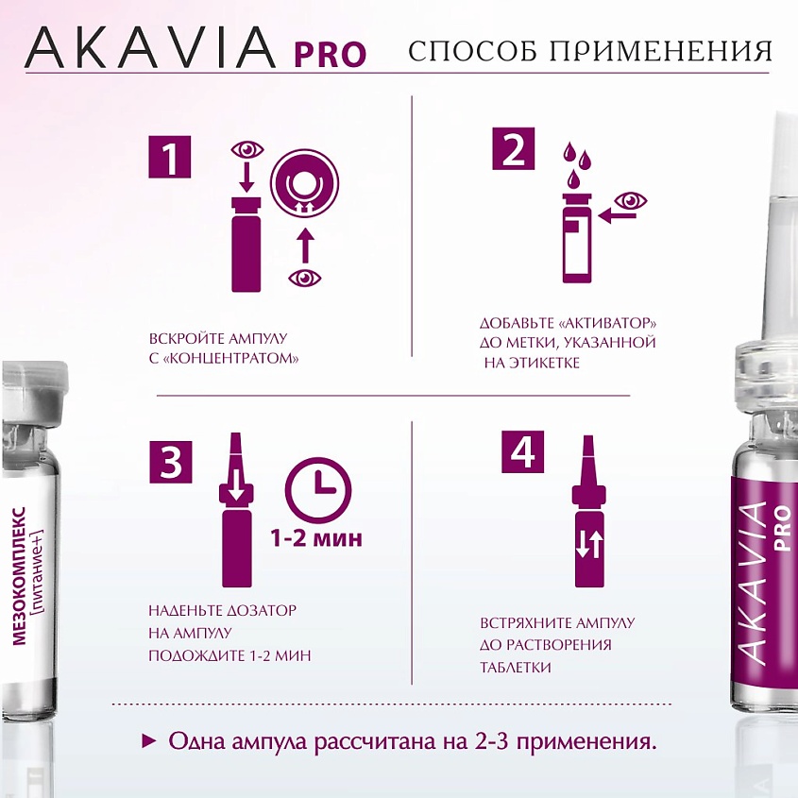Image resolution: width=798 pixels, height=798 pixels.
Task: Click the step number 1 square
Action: click(170, 158)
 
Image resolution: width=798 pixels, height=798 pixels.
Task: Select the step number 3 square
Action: click(170, 463)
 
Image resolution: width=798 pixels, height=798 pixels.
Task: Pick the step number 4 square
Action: click(521, 453)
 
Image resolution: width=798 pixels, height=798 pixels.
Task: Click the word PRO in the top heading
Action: click(330, 53)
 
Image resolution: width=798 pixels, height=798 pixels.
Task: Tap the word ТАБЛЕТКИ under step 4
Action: click(515, 667)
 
